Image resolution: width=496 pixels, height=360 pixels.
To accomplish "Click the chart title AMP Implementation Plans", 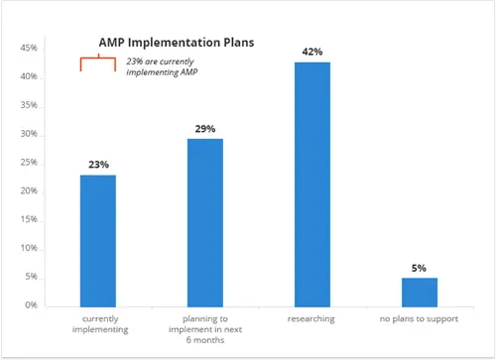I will point(177,43).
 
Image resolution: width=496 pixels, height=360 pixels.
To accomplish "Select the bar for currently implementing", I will point(97,240).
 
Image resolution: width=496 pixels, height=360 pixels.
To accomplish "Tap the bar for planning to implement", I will point(204,222).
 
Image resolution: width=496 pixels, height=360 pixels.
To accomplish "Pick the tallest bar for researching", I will point(311,183).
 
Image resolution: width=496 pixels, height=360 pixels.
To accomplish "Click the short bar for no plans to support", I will point(419,292).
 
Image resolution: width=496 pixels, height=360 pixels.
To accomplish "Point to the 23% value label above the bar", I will point(97,165).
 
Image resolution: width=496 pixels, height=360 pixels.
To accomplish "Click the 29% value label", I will point(204,129).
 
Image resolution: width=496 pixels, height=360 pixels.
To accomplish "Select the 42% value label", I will point(311,52).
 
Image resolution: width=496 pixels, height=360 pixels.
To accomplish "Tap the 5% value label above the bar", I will point(419,267).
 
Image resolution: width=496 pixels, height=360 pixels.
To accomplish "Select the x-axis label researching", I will point(311,319).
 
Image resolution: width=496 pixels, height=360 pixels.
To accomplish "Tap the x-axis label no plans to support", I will point(419,319).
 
